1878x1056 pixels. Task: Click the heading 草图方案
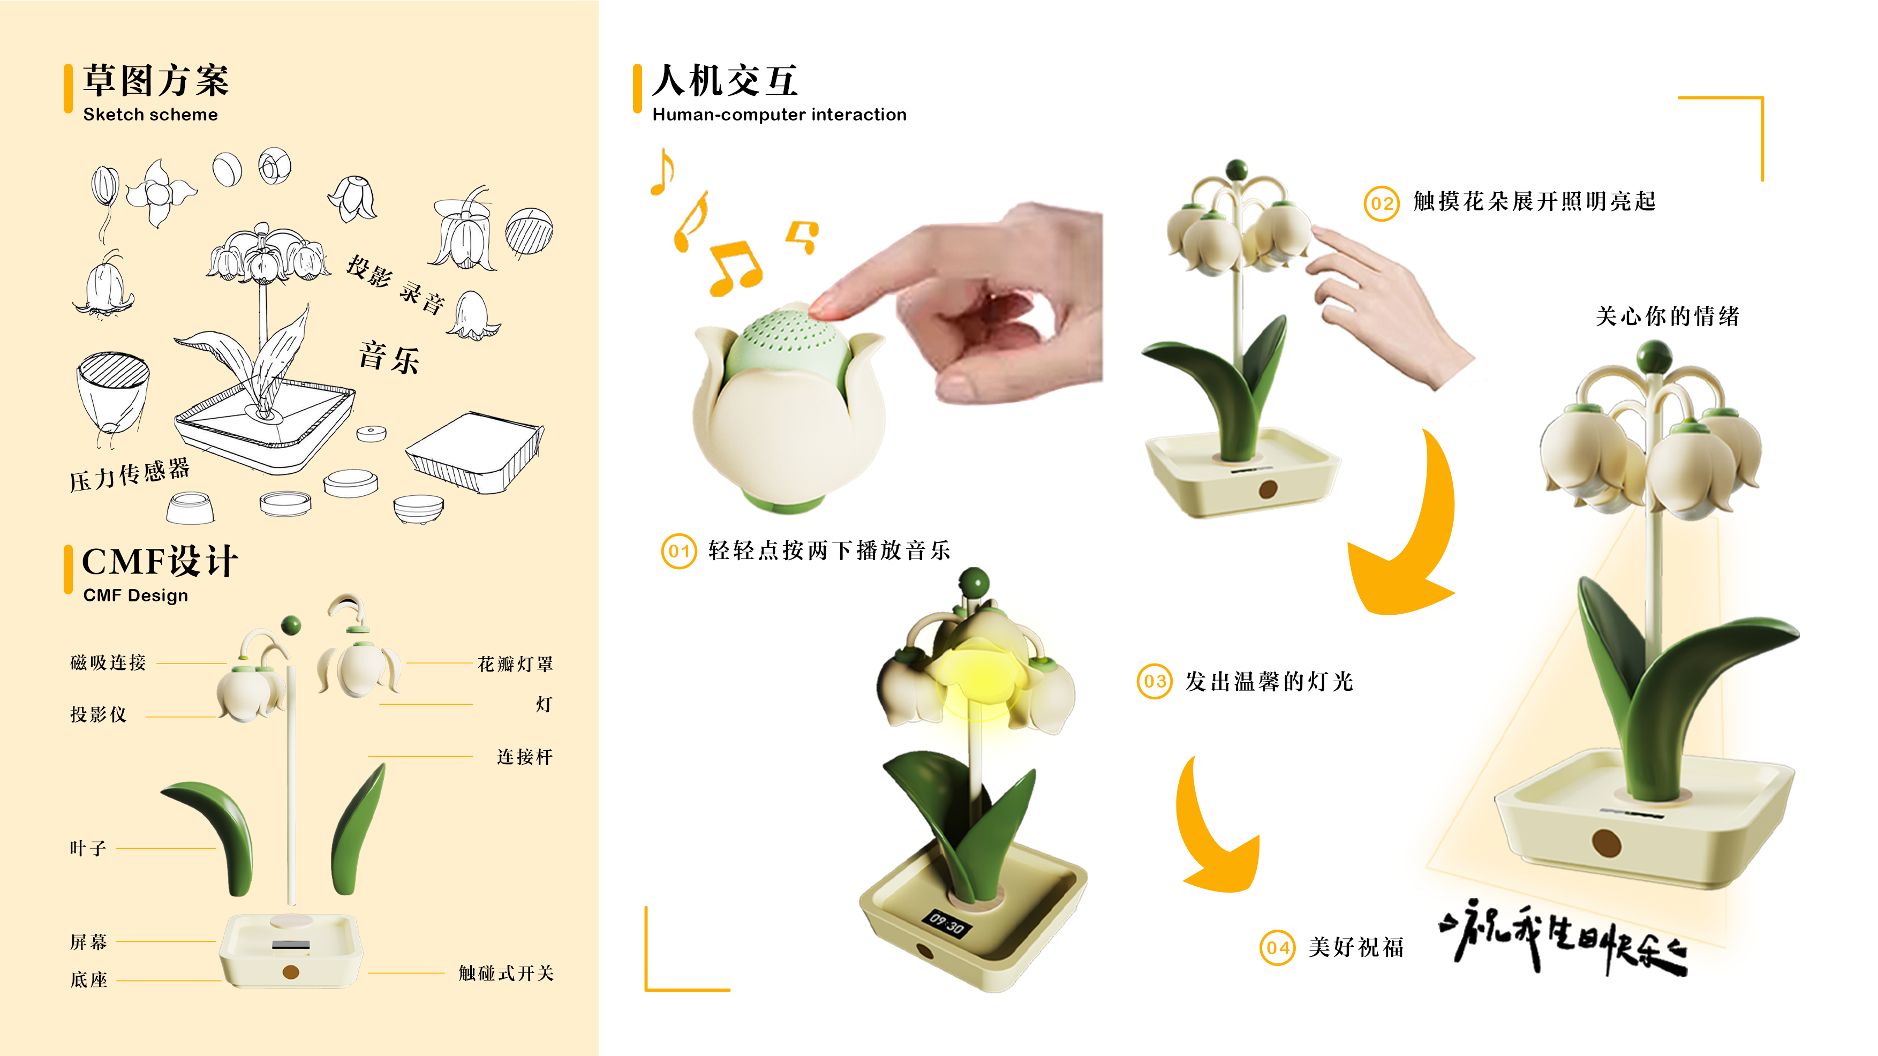156,80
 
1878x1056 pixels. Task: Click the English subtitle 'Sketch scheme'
150,115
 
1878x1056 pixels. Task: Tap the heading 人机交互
725,80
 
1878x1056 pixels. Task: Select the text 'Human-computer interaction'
779,115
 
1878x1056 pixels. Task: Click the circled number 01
678,552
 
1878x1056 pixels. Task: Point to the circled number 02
1382,203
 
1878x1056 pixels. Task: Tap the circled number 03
1155,682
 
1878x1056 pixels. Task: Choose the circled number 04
1277,947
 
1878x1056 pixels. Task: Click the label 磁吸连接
108,662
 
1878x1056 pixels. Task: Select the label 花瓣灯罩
516,663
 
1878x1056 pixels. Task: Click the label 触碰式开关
506,973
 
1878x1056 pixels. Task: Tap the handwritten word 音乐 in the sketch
389,357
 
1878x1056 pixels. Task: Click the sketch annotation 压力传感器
130,475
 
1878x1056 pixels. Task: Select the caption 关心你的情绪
1668,316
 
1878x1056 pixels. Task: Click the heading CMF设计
161,562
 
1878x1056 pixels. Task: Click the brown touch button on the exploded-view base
291,971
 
